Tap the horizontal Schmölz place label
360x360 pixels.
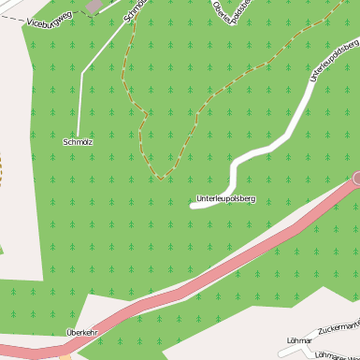(x=78, y=142)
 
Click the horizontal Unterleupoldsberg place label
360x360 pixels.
(x=225, y=198)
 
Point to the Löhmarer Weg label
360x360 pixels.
(x=338, y=355)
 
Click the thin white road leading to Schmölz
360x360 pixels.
(x=80, y=94)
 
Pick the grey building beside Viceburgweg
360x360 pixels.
(x=94, y=6)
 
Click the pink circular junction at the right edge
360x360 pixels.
(x=356, y=178)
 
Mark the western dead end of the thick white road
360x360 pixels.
(x=193, y=206)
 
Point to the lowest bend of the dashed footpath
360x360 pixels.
(x=164, y=177)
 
